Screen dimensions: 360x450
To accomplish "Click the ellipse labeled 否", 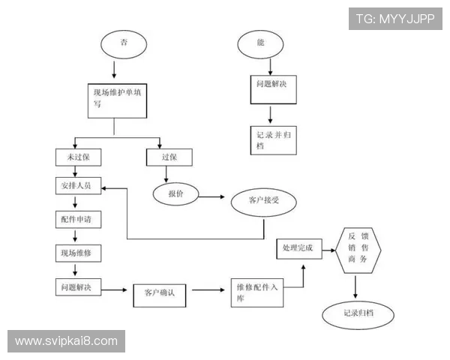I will (123, 43).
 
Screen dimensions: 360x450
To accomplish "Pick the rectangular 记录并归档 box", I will (271, 139).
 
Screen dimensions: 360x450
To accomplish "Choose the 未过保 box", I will (77, 157).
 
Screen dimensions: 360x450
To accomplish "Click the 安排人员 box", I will (77, 185).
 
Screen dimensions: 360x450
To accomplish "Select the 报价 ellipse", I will (177, 193).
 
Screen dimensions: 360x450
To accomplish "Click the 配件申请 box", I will (77, 219).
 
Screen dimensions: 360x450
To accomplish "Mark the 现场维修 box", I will (77, 253).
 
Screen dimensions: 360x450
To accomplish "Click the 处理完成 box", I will (298, 247).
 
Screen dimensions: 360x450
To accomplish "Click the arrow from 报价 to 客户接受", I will (211, 196).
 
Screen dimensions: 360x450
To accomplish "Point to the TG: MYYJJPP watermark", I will (395, 19).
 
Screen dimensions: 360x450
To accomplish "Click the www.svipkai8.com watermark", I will (66, 341).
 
